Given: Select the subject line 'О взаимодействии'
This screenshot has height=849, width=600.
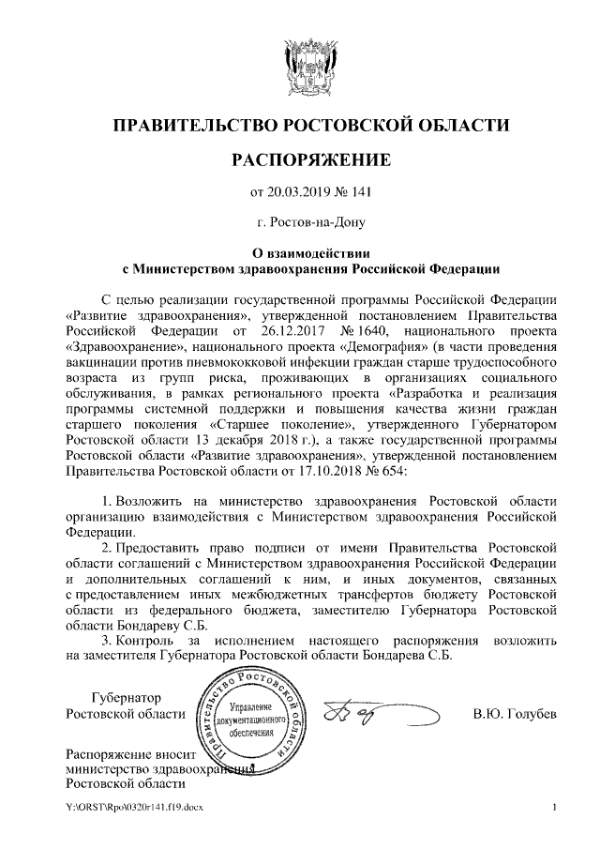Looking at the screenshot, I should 312,253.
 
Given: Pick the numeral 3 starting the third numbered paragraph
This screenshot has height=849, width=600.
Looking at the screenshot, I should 108,640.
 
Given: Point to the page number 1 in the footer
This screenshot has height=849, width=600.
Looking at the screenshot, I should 555,807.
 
